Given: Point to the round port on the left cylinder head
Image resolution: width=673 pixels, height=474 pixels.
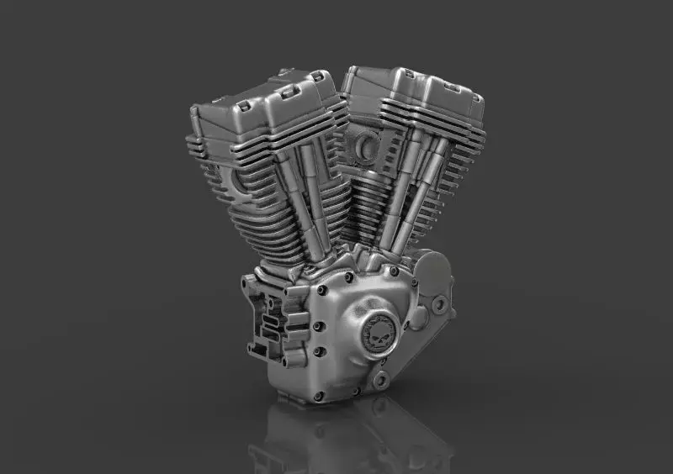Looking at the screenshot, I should click(x=236, y=178).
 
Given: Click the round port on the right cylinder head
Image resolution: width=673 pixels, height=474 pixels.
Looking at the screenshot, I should click(x=368, y=148).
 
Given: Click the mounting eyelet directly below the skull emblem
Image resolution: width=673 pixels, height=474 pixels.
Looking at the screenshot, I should click(x=380, y=380).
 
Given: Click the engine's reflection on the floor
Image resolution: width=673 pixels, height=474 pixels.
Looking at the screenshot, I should click(x=353, y=437).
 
